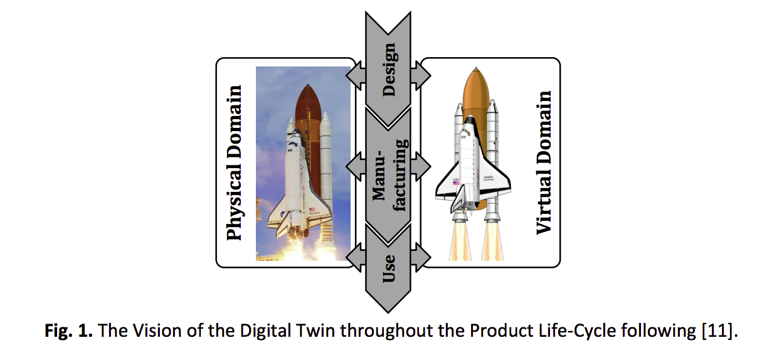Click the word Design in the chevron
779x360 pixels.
pos(389,70)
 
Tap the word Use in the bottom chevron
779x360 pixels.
pos(389,268)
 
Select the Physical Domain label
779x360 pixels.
pos(234,163)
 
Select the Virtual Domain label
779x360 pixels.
pos(544,163)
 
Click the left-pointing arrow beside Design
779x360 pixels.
pos(356,75)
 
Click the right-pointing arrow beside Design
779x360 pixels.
pos(421,75)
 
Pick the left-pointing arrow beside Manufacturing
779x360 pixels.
pos(356,167)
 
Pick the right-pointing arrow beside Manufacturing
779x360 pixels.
pos(421,167)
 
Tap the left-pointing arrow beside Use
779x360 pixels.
pos(356,257)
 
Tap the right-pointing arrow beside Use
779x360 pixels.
pos(421,257)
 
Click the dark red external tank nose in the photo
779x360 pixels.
pos(308,101)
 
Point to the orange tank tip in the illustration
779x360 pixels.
pos(476,69)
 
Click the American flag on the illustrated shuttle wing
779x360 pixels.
pos(456,183)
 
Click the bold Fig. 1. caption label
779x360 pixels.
pos(68,331)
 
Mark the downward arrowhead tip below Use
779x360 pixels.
pos(388,312)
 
